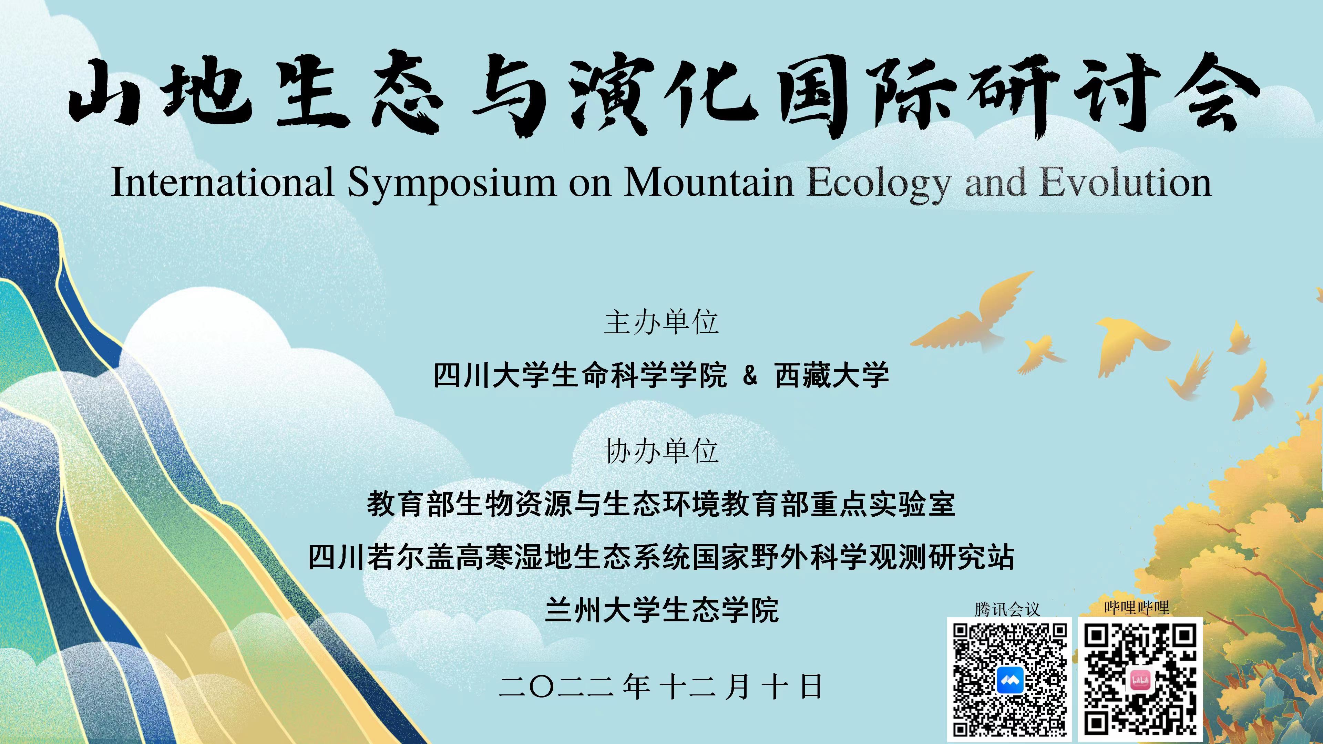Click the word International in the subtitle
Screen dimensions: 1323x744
coord(222,182)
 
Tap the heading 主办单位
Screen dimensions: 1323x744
coord(661,322)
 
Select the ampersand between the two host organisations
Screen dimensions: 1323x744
coord(750,376)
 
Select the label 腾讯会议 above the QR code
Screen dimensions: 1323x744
coord(1007,609)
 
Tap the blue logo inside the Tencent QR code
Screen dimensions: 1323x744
coord(1010,681)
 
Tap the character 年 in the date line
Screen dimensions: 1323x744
coord(637,686)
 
